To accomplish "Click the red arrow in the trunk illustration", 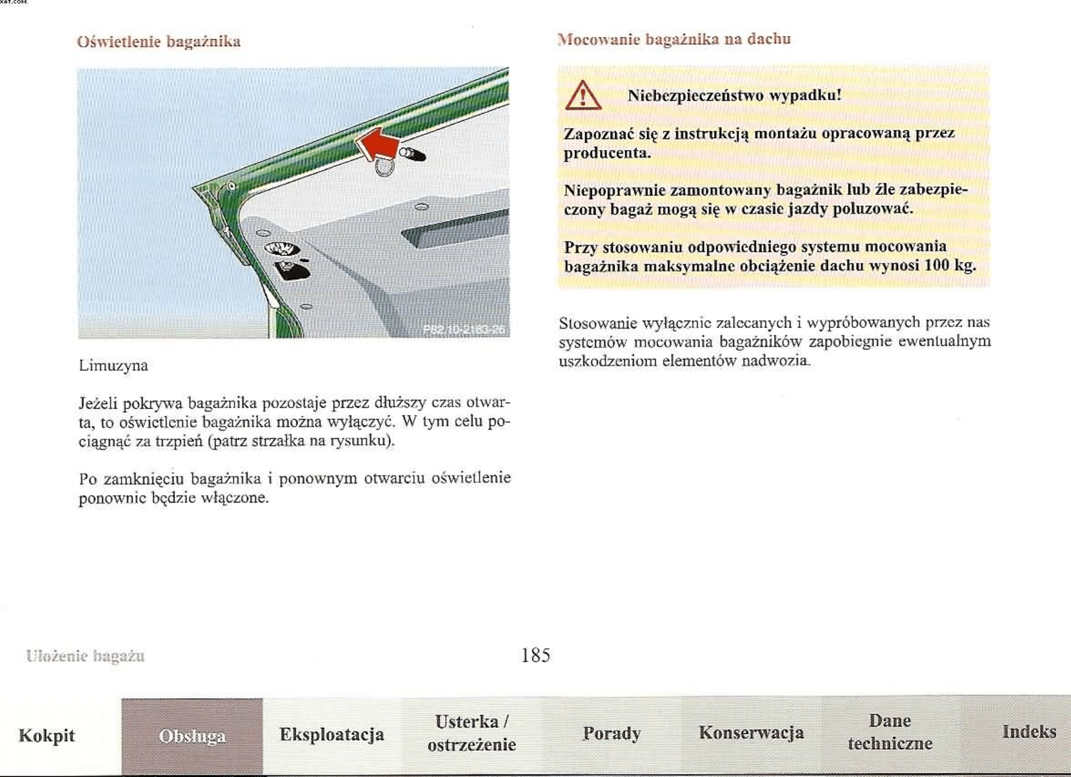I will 377,144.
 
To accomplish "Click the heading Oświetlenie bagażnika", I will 158,42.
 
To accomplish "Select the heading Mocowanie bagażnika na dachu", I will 674,39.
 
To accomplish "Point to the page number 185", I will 535,655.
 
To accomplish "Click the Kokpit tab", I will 47,736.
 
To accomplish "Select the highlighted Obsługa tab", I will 192,736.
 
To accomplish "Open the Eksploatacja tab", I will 331,735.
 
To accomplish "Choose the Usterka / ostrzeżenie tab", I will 472,733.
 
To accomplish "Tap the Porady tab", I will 611,733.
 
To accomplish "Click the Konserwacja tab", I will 751,733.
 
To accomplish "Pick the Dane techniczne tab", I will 890,732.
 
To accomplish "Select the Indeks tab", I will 1028,731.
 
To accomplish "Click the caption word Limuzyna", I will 114,365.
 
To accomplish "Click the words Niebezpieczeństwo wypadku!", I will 734,95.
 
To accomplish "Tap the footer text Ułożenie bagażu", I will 85,656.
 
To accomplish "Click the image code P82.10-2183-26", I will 464,330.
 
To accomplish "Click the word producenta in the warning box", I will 607,153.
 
